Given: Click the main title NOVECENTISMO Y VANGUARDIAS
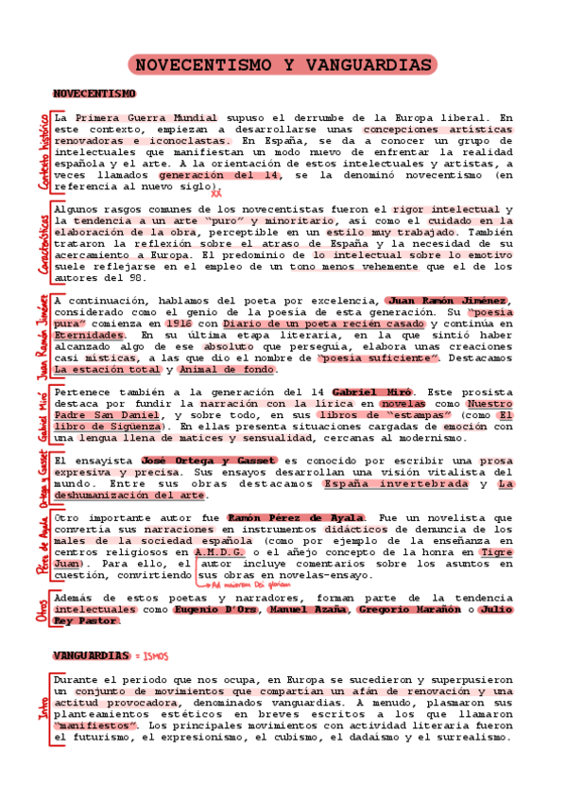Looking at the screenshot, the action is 281,64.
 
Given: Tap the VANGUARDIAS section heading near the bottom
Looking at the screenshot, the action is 91,654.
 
